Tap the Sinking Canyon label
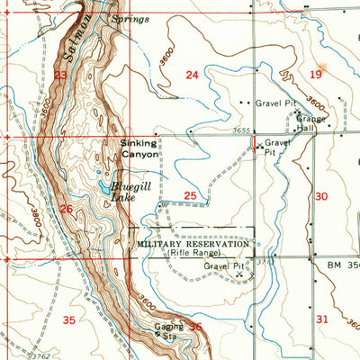(x=140, y=148)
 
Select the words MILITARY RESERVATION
(x=192, y=244)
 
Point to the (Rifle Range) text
(x=192, y=254)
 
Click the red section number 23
(x=59, y=76)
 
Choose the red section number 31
(x=322, y=319)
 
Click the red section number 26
(x=66, y=209)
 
